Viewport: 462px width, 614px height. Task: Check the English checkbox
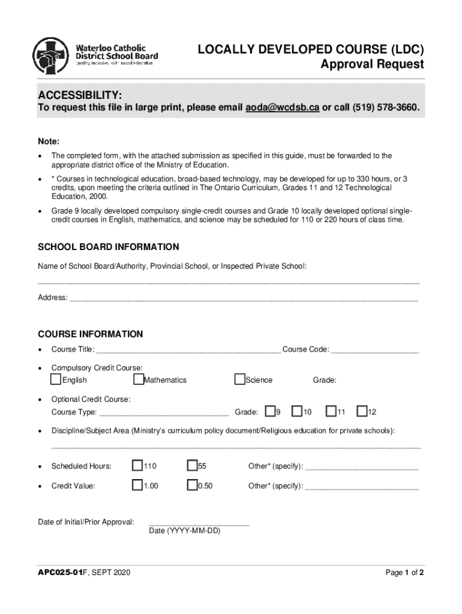(56, 379)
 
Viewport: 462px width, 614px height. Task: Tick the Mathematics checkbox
(139, 379)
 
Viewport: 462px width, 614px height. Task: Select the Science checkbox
(240, 379)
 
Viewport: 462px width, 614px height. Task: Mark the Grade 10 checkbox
(297, 411)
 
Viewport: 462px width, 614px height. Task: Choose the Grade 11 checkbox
(331, 411)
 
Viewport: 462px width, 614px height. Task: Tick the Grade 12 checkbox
(362, 411)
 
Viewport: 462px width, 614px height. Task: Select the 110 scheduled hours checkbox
(137, 466)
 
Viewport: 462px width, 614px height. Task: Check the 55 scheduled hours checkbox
(192, 466)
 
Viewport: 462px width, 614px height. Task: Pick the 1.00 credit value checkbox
(137, 485)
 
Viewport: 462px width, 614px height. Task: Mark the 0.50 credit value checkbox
(192, 485)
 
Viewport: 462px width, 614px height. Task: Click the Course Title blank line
(188, 351)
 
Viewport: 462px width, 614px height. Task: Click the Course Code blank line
(375, 351)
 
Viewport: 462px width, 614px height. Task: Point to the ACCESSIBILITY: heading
(80, 96)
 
